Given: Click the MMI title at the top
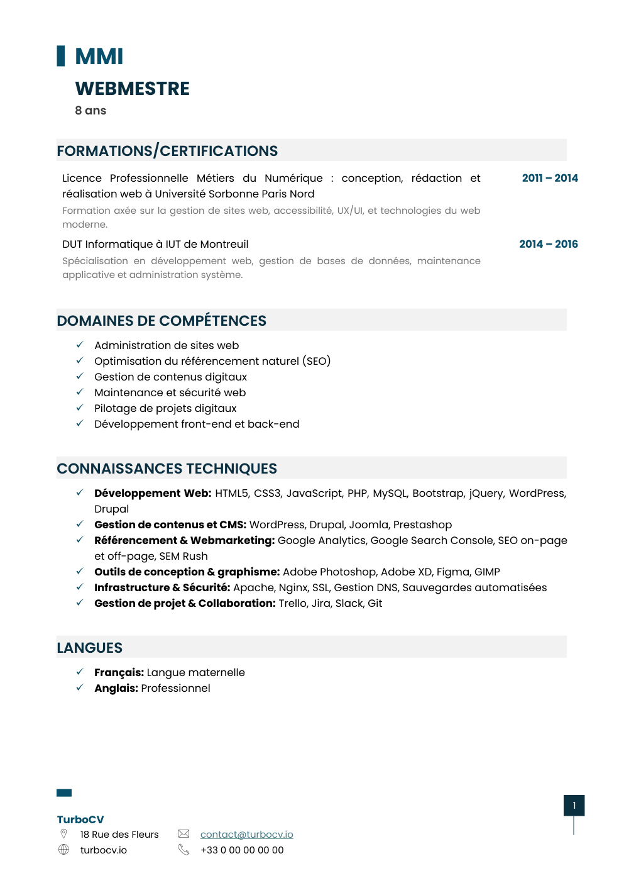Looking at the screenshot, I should pyautogui.click(x=99, y=57).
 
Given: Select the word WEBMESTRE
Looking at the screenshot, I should pyautogui.click(x=132, y=89).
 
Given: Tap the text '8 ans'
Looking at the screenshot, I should pyautogui.click(x=90, y=111).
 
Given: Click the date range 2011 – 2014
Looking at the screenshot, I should pyautogui.click(x=549, y=178).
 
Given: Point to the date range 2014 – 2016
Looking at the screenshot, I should pyautogui.click(x=548, y=244).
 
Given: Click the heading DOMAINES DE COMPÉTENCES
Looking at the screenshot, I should pyautogui.click(x=161, y=321).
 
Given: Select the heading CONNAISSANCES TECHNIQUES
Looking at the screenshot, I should pyautogui.click(x=167, y=469).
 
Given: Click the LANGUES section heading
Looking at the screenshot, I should pyautogui.click(x=89, y=648).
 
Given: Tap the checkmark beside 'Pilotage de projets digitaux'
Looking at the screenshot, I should pyautogui.click(x=80, y=408).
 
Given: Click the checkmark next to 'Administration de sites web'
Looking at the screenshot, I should pyautogui.click(x=80, y=345).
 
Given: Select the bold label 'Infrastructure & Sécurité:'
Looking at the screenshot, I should pyautogui.click(x=162, y=587).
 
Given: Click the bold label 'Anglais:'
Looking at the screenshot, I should pyautogui.click(x=116, y=688).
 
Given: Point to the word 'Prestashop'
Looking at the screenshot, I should pyautogui.click(x=422, y=525).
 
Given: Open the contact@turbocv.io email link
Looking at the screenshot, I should pyautogui.click(x=246, y=835).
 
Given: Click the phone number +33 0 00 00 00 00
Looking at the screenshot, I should pyautogui.click(x=242, y=850).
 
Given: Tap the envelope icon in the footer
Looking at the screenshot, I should pyautogui.click(x=183, y=834).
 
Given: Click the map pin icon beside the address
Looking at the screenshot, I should pyautogui.click(x=63, y=834).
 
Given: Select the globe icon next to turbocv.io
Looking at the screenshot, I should pyautogui.click(x=63, y=850).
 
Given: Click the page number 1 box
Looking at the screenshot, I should pyautogui.click(x=574, y=806).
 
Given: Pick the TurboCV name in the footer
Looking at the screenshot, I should pyautogui.click(x=80, y=819).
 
